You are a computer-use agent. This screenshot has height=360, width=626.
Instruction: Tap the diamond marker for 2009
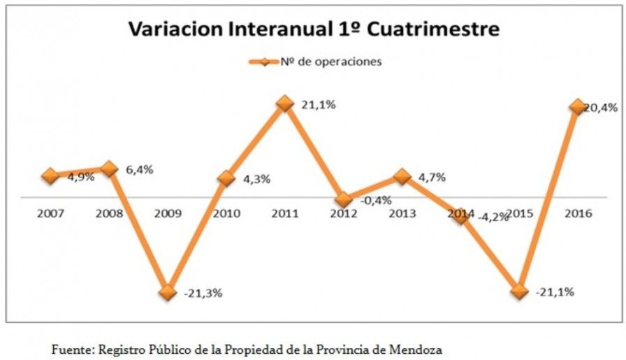[167, 293]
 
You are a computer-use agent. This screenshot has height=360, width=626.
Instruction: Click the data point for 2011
[284, 103]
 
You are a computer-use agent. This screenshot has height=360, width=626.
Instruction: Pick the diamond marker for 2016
[576, 106]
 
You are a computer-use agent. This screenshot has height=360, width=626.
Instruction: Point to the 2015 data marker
[518, 291]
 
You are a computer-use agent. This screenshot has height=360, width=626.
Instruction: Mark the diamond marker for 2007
[50, 175]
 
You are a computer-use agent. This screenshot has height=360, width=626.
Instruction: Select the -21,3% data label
[203, 294]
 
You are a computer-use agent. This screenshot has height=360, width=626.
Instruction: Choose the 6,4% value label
[140, 170]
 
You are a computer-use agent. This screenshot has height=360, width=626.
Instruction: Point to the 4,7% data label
[432, 178]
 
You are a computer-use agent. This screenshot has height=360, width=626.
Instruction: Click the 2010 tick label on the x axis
[225, 213]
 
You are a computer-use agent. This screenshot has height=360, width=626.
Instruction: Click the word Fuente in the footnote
[73, 347]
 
